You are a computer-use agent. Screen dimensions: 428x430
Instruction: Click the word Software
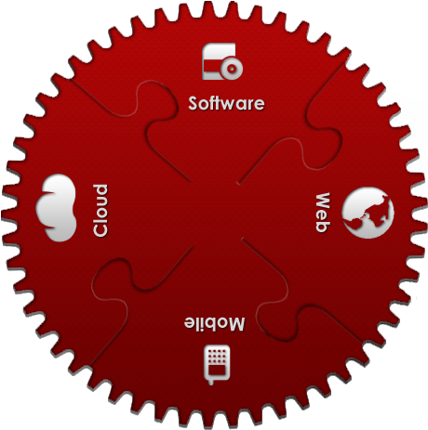coord(226,103)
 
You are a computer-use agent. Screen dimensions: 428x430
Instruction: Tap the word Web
coord(323,212)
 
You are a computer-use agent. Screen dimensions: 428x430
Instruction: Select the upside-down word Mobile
coord(214,323)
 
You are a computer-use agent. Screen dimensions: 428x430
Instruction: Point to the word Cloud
coord(100,211)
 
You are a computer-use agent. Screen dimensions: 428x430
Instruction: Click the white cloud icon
coord(56,207)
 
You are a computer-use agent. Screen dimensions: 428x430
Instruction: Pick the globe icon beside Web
coord(368,213)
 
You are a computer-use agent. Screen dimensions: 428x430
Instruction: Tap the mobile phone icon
coord(217,364)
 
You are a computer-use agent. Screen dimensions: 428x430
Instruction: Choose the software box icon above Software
coord(222,61)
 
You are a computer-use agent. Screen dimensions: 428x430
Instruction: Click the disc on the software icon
coord(232,69)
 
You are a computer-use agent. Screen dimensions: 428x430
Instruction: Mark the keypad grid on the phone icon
coord(217,357)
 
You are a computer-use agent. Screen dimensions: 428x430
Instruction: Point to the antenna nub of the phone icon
coord(211,382)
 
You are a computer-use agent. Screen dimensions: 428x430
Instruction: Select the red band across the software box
coord(213,66)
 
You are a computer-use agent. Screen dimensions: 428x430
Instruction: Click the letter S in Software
coord(194,103)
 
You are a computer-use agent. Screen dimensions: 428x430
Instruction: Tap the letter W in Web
coord(323,202)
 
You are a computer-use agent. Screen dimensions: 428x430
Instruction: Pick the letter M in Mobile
coord(236,324)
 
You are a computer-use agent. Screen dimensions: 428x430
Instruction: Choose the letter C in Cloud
coord(100,230)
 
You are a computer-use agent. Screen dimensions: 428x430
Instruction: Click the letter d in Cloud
coord(100,190)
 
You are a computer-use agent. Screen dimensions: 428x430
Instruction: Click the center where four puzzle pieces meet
coord(216,211)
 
